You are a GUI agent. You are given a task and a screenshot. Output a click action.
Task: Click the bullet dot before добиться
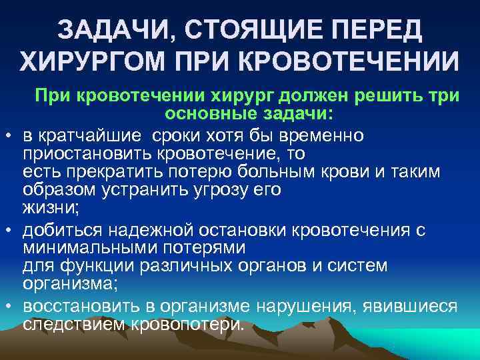point(9,230)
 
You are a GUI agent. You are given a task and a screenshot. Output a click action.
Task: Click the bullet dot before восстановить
point(9,306)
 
